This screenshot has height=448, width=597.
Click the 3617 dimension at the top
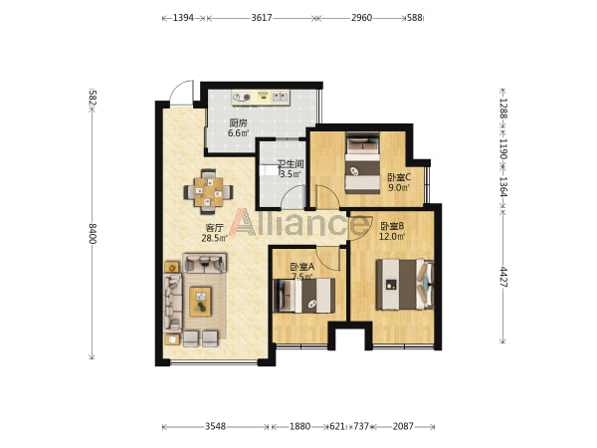point(262,18)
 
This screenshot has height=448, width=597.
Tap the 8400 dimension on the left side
point(93,234)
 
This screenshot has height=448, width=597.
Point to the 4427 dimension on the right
point(503,277)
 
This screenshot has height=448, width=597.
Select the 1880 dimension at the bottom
point(300,426)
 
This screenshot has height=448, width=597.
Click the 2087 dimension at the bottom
point(403,426)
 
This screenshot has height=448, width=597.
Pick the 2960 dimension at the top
point(361,18)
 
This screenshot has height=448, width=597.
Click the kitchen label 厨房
point(239,123)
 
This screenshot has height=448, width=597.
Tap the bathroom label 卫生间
point(291,164)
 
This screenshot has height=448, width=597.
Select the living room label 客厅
point(214,228)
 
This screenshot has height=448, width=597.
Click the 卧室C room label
point(399,177)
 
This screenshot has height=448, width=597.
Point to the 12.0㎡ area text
point(392,237)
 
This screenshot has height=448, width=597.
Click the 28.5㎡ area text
point(214,239)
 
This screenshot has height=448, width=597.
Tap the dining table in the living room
point(208,191)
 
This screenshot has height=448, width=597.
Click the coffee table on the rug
point(200,302)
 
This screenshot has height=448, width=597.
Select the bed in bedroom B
point(405,284)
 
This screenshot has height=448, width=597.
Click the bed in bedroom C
point(363,162)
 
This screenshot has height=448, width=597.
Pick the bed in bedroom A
point(304,296)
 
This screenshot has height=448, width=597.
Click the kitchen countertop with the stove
point(261,98)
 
